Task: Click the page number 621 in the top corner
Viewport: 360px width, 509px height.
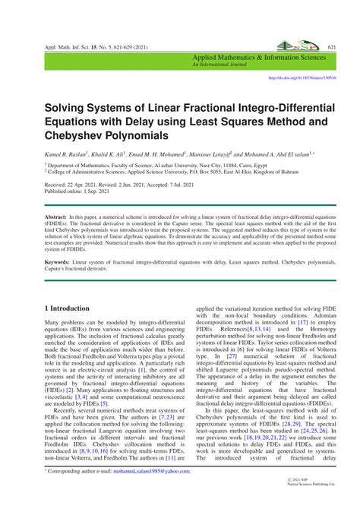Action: (331, 47)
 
